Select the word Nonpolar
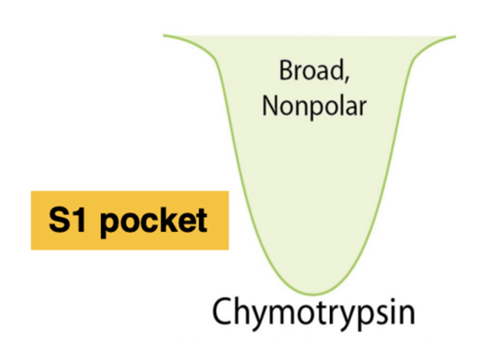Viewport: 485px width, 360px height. pyautogui.click(x=314, y=106)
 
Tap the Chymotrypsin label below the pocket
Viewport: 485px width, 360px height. pyautogui.click(x=313, y=312)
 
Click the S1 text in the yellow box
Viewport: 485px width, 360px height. pyautogui.click(x=67, y=220)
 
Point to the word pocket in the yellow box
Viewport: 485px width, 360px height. pyautogui.click(x=153, y=221)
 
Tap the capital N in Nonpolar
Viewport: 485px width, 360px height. pyautogui.click(x=270, y=106)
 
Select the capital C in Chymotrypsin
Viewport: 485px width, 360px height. pyautogui.click(x=222, y=311)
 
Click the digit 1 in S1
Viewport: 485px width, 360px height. pyautogui.click(x=80, y=220)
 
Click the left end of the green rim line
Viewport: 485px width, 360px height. pyautogui.click(x=164, y=35)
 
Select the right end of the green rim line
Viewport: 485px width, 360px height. pyautogui.click(x=455, y=36)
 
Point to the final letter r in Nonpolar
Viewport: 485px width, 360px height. pyautogui.click(x=362, y=108)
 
